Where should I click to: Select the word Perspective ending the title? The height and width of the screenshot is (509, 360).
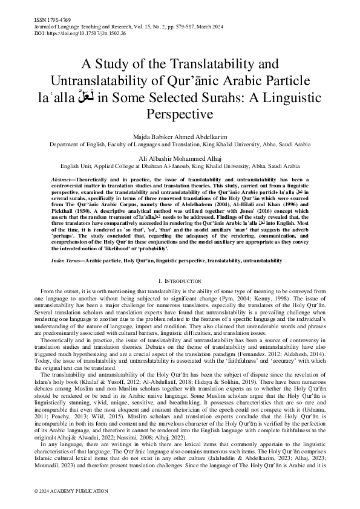179,112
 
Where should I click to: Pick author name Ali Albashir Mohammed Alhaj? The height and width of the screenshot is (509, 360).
180,157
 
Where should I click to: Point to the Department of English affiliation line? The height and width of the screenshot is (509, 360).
180,145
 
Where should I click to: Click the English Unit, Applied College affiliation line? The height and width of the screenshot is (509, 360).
180,163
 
